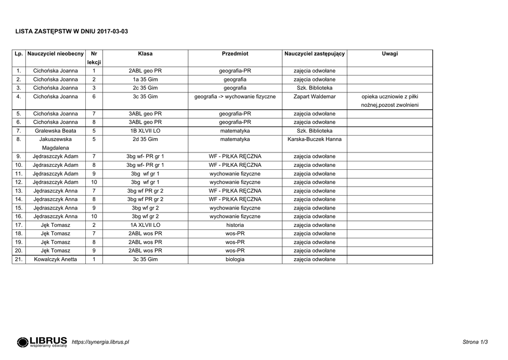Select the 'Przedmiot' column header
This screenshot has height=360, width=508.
click(235, 54)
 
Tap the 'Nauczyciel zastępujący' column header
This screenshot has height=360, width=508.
click(315, 54)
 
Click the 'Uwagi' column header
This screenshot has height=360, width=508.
click(389, 54)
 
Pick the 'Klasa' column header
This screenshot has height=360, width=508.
click(145, 54)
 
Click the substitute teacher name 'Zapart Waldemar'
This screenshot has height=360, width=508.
click(315, 97)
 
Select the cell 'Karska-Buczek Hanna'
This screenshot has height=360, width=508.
click(315, 140)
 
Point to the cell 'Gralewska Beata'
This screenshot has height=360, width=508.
click(56, 131)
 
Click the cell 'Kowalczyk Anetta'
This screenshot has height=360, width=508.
click(56, 259)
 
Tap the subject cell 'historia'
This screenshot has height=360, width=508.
click(235, 225)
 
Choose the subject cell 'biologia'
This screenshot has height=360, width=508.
click(235, 259)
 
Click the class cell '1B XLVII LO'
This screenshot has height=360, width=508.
click(145, 131)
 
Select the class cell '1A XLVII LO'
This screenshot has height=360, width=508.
click(145, 225)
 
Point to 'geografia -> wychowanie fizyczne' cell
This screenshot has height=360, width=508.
click(235, 97)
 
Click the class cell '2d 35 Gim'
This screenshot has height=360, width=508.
click(145, 140)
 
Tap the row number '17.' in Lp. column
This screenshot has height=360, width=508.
click(19, 225)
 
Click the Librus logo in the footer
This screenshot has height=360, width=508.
click(42, 342)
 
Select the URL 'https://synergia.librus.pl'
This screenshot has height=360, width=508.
click(100, 342)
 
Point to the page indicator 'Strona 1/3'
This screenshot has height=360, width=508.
click(475, 342)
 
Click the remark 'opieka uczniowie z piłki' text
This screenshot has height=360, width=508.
click(390, 97)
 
